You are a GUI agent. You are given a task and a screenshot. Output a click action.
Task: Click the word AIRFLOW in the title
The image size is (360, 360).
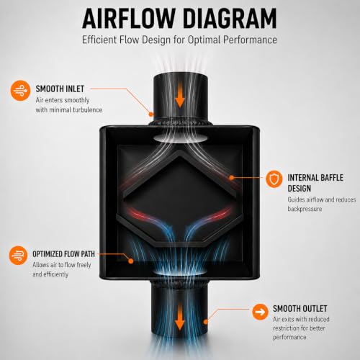128,19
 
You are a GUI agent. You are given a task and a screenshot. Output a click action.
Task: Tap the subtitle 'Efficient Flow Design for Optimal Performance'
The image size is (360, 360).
179,40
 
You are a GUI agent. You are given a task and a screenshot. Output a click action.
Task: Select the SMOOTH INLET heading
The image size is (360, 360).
60,89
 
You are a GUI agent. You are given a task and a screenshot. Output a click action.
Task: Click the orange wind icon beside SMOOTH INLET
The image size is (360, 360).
20,90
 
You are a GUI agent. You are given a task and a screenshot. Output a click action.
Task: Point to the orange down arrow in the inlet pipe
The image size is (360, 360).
180,99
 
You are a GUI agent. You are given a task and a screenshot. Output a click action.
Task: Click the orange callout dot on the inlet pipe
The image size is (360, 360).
151,114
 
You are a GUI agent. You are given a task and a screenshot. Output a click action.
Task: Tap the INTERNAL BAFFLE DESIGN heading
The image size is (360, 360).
315,183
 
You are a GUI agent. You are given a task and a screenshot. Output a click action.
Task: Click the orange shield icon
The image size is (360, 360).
274,179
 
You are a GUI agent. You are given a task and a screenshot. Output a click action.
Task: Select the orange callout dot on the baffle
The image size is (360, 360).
232,178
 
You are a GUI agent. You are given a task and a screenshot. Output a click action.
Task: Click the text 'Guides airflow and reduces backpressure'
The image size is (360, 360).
322,204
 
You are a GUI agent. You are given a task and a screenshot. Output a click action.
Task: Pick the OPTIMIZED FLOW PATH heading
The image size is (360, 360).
63,254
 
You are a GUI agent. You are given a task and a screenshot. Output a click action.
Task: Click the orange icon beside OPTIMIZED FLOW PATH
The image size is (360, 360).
18,256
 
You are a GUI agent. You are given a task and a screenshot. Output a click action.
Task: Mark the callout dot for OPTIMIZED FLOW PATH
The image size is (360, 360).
131,261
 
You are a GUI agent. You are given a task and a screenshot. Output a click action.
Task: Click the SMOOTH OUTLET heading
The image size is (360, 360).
300,309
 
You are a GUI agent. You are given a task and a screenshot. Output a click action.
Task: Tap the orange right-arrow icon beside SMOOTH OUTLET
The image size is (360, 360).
260,312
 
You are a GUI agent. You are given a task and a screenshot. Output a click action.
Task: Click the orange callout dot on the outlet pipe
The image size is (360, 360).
206,322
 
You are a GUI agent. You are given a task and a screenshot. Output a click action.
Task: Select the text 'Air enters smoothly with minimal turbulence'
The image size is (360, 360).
69,105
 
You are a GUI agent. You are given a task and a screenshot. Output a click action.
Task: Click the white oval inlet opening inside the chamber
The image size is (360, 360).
180,138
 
